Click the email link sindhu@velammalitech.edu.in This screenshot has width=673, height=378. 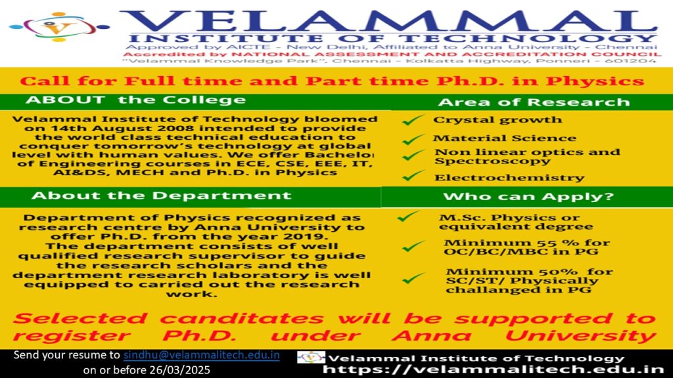tap(202, 356)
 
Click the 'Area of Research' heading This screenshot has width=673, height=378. tap(533, 102)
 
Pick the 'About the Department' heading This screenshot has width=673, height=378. tap(161, 196)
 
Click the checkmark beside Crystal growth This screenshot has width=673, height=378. tap(413, 119)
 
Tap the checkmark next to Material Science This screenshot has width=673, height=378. tap(413, 138)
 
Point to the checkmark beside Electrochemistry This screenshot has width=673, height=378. tap(413, 175)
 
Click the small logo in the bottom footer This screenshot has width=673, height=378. tap(311, 358)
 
